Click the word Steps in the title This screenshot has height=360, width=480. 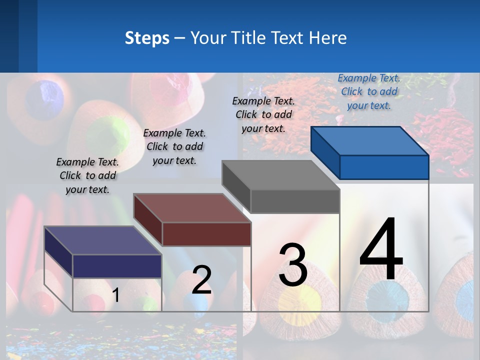click(147, 38)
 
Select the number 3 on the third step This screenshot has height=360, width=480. click(293, 264)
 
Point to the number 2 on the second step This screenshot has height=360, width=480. click(202, 280)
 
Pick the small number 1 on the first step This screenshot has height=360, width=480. click(116, 295)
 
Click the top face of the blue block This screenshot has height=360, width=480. click(370, 140)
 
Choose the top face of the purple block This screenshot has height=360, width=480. click(103, 240)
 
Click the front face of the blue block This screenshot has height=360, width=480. click(384, 167)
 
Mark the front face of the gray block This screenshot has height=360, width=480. click(295, 201)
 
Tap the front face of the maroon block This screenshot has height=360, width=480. click(206, 234)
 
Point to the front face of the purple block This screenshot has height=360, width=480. click(117, 266)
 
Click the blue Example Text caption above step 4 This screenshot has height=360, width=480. click(369, 91)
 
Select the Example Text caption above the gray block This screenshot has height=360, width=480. click(263, 114)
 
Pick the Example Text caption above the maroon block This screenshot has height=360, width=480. click(174, 146)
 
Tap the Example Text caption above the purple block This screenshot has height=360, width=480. click(87, 175)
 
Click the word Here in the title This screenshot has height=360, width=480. click(328, 38)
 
